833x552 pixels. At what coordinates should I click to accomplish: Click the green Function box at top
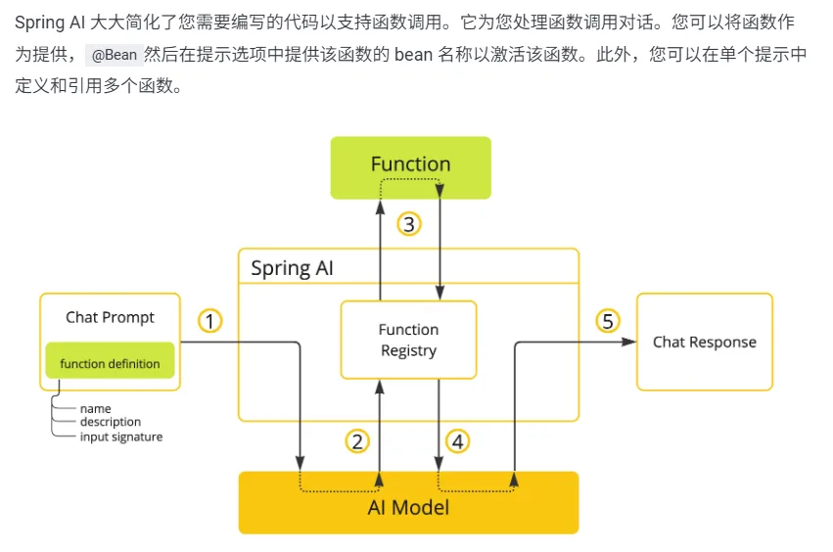tap(410, 166)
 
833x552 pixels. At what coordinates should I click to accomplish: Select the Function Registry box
tap(408, 340)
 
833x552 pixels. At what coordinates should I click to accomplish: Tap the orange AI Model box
tap(408, 506)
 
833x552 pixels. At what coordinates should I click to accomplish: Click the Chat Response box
tap(704, 342)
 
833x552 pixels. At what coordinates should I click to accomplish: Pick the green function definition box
tap(110, 363)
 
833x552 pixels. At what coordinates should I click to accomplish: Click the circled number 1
tap(210, 321)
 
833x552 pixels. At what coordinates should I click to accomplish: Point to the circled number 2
tap(357, 441)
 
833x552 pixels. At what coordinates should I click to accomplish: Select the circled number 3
tap(409, 224)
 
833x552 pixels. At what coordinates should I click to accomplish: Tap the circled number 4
tap(457, 441)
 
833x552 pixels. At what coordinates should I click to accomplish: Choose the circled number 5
tap(608, 321)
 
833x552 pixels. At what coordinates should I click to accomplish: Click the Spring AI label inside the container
tap(292, 268)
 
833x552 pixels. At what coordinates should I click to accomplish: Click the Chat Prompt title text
tap(110, 317)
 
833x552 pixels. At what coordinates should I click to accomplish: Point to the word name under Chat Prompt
tap(95, 408)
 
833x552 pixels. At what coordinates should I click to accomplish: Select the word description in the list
tap(110, 422)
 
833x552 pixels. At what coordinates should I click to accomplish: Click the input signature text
tap(120, 437)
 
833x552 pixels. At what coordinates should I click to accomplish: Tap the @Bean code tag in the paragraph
tap(114, 55)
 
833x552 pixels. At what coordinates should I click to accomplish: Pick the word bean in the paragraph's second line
tap(413, 55)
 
